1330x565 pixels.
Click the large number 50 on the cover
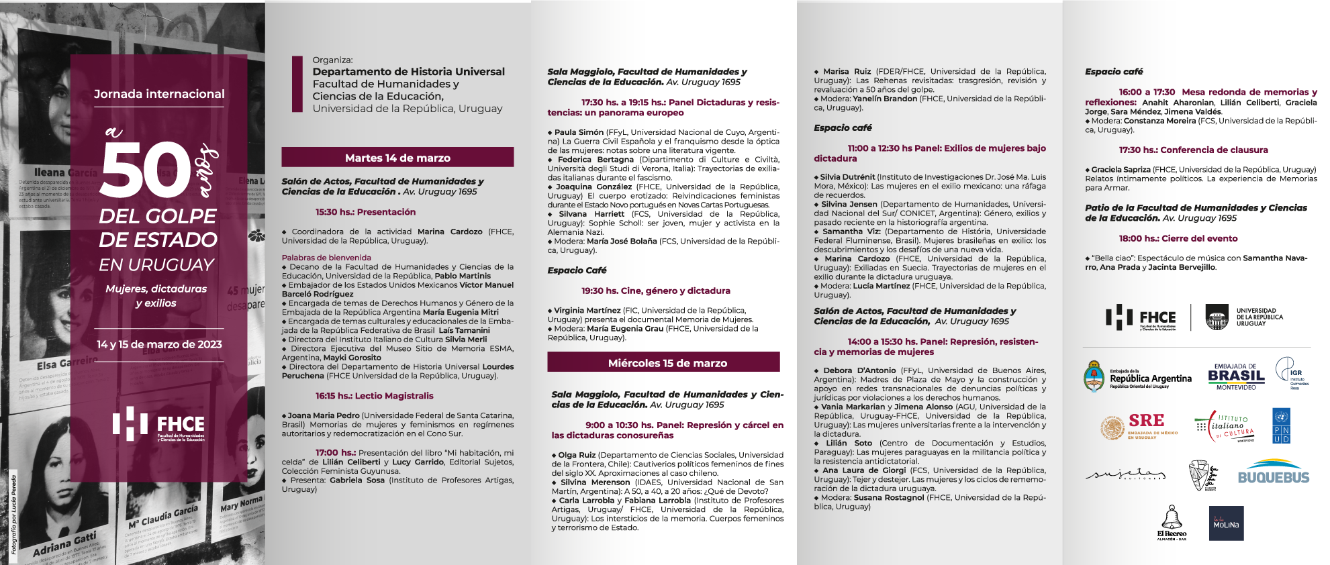pyautogui.click(x=146, y=171)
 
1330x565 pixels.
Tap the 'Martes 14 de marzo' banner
pyautogui.click(x=397, y=158)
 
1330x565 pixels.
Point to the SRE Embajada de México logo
pyautogui.click(x=1139, y=427)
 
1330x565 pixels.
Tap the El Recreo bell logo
pyautogui.click(x=1172, y=523)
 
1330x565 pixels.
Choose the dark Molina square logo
pyautogui.click(x=1226, y=523)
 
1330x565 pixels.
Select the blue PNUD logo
pyautogui.click(x=1281, y=427)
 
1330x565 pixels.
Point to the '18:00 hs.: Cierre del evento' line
pyautogui.click(x=1178, y=238)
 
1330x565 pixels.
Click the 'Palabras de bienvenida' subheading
pyautogui.click(x=326, y=258)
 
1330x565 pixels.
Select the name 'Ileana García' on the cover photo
pyautogui.click(x=65, y=172)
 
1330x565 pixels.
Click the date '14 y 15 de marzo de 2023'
pyautogui.click(x=159, y=344)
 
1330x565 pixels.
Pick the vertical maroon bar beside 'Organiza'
pyautogui.click(x=297, y=84)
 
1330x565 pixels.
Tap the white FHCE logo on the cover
pyautogui.click(x=159, y=424)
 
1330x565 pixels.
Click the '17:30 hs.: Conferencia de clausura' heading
pyautogui.click(x=1193, y=150)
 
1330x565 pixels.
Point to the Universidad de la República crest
pyautogui.click(x=1217, y=317)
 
